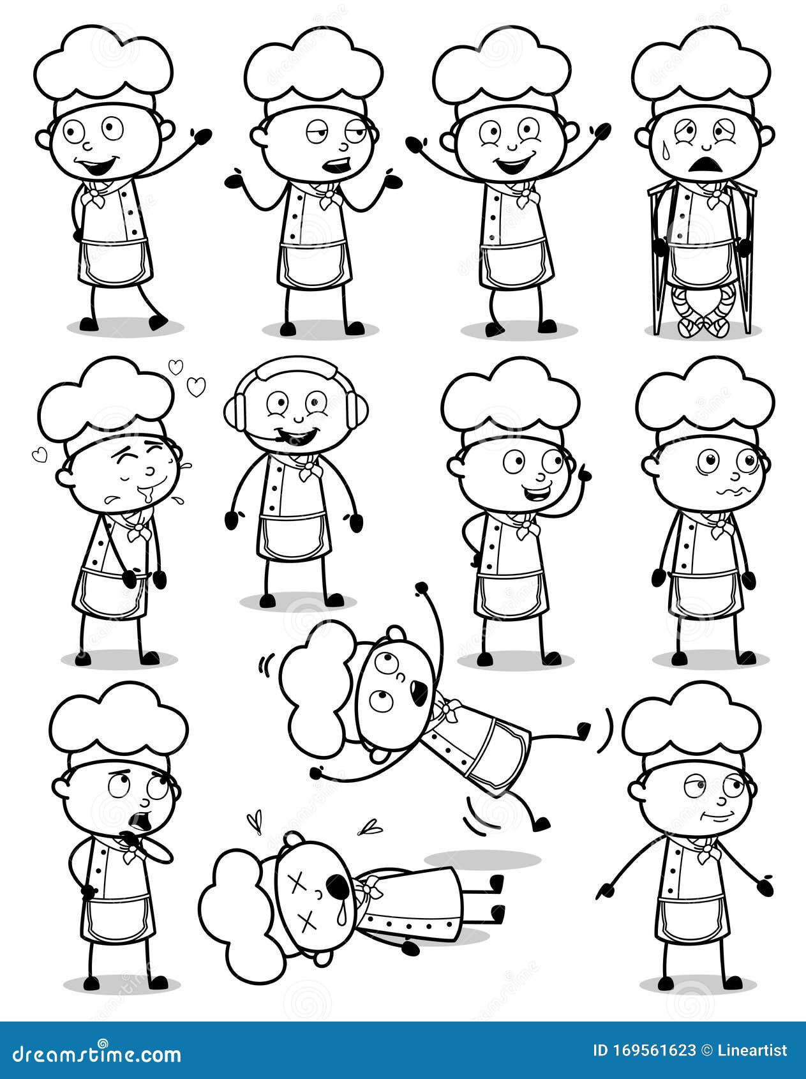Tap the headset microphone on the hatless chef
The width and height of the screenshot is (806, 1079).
[x=281, y=439]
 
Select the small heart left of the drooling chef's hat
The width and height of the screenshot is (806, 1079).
[x=38, y=455]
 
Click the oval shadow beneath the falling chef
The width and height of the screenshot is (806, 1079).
[x=482, y=859]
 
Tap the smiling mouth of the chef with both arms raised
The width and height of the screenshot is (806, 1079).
[x=514, y=164]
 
